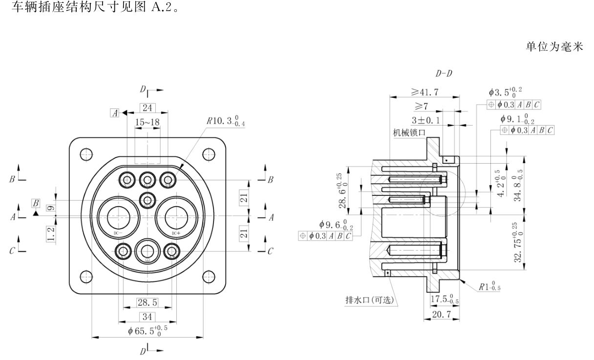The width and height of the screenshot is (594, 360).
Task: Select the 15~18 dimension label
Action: click(147, 123)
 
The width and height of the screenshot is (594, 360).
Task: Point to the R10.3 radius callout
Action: click(226, 121)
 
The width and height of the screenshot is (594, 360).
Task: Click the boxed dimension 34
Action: click(147, 317)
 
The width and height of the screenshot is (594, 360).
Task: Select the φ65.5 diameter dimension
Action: click(148, 330)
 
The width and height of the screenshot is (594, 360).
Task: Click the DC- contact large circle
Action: click(117, 216)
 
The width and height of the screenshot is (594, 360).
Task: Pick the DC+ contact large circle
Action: click(176, 216)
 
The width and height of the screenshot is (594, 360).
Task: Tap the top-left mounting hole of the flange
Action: click(86, 153)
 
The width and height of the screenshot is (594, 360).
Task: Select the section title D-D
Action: click(444, 74)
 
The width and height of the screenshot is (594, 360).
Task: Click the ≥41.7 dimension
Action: click(424, 91)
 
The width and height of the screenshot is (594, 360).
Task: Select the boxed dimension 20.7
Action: click(440, 314)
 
